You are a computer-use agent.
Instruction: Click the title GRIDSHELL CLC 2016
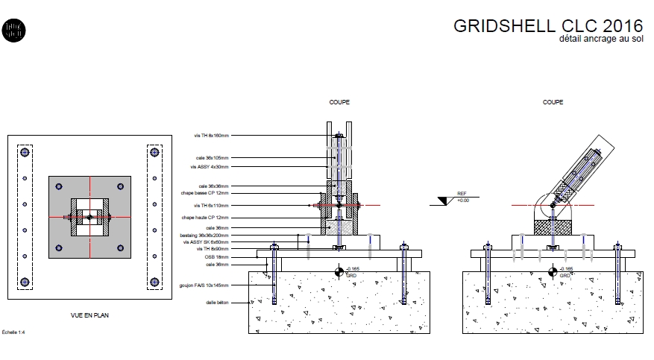[x=547, y=25]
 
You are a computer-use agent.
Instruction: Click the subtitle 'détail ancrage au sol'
[x=601, y=39]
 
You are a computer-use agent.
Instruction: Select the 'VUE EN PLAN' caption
[x=89, y=315]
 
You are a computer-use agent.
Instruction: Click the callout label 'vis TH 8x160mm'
[x=211, y=136]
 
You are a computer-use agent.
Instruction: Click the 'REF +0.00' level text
[x=462, y=197]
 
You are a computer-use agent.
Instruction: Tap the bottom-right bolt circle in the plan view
[x=154, y=282]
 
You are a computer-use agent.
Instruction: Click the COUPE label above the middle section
[x=339, y=102]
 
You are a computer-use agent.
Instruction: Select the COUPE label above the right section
[x=553, y=102]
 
